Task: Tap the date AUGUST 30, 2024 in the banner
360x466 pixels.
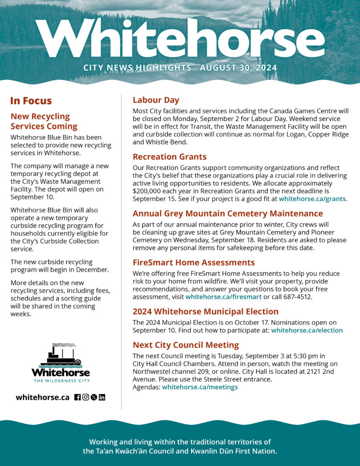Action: pyautogui.click(x=238, y=68)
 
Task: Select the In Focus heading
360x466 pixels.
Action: pyautogui.click(x=31, y=101)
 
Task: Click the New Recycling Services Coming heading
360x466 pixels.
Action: pyautogui.click(x=44, y=121)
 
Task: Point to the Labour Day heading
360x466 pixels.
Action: pyautogui.click(x=156, y=100)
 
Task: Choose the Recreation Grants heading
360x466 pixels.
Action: pyautogui.click(x=169, y=157)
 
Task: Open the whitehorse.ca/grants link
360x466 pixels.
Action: pyautogui.click(x=312, y=199)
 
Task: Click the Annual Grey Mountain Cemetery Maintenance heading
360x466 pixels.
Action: pyautogui.click(x=228, y=213)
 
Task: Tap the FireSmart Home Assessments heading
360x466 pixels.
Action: pyautogui.click(x=193, y=263)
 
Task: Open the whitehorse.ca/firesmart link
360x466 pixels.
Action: pyautogui.click(x=223, y=297)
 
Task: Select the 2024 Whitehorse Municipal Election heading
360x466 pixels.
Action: pyautogui.click(x=205, y=312)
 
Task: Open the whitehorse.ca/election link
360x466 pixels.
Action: pyautogui.click(x=307, y=330)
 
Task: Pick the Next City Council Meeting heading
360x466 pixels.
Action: pyautogui.click(x=186, y=345)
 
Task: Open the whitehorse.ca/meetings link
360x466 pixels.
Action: pyautogui.click(x=200, y=387)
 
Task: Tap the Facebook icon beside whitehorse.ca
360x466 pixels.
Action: pyautogui.click(x=77, y=397)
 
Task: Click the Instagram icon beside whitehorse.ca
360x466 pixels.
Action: pyautogui.click(x=86, y=397)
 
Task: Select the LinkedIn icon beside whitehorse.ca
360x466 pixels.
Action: pyautogui.click(x=102, y=397)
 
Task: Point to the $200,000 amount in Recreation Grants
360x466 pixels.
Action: pyautogui.click(x=147, y=191)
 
